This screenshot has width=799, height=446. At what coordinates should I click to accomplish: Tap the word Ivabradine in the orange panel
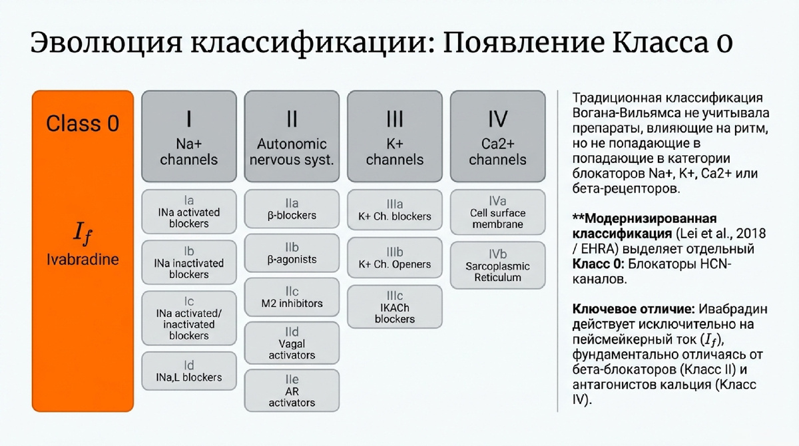click(83, 259)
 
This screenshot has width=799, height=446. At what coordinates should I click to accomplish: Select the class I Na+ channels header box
click(189, 137)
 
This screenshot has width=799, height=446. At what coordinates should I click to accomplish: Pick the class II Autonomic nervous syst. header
click(292, 137)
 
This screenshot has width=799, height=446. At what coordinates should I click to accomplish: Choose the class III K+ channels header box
click(395, 137)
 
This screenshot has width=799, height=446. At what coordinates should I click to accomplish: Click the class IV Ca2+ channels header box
click(497, 137)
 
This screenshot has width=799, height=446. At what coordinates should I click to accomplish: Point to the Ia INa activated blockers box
click(189, 212)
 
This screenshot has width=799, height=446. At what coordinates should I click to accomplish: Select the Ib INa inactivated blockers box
click(189, 263)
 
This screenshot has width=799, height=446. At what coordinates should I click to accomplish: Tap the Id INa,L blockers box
click(189, 371)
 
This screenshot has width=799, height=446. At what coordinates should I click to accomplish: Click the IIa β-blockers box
click(292, 209)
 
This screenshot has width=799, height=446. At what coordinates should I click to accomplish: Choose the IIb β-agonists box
click(292, 253)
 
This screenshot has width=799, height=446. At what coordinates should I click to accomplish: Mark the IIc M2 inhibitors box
click(292, 297)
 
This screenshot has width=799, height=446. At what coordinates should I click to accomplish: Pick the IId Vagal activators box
click(292, 343)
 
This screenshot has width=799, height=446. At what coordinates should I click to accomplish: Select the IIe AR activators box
click(292, 391)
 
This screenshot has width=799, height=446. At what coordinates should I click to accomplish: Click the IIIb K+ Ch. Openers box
click(395, 258)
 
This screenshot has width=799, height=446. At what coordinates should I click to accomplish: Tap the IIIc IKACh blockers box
click(395, 307)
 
